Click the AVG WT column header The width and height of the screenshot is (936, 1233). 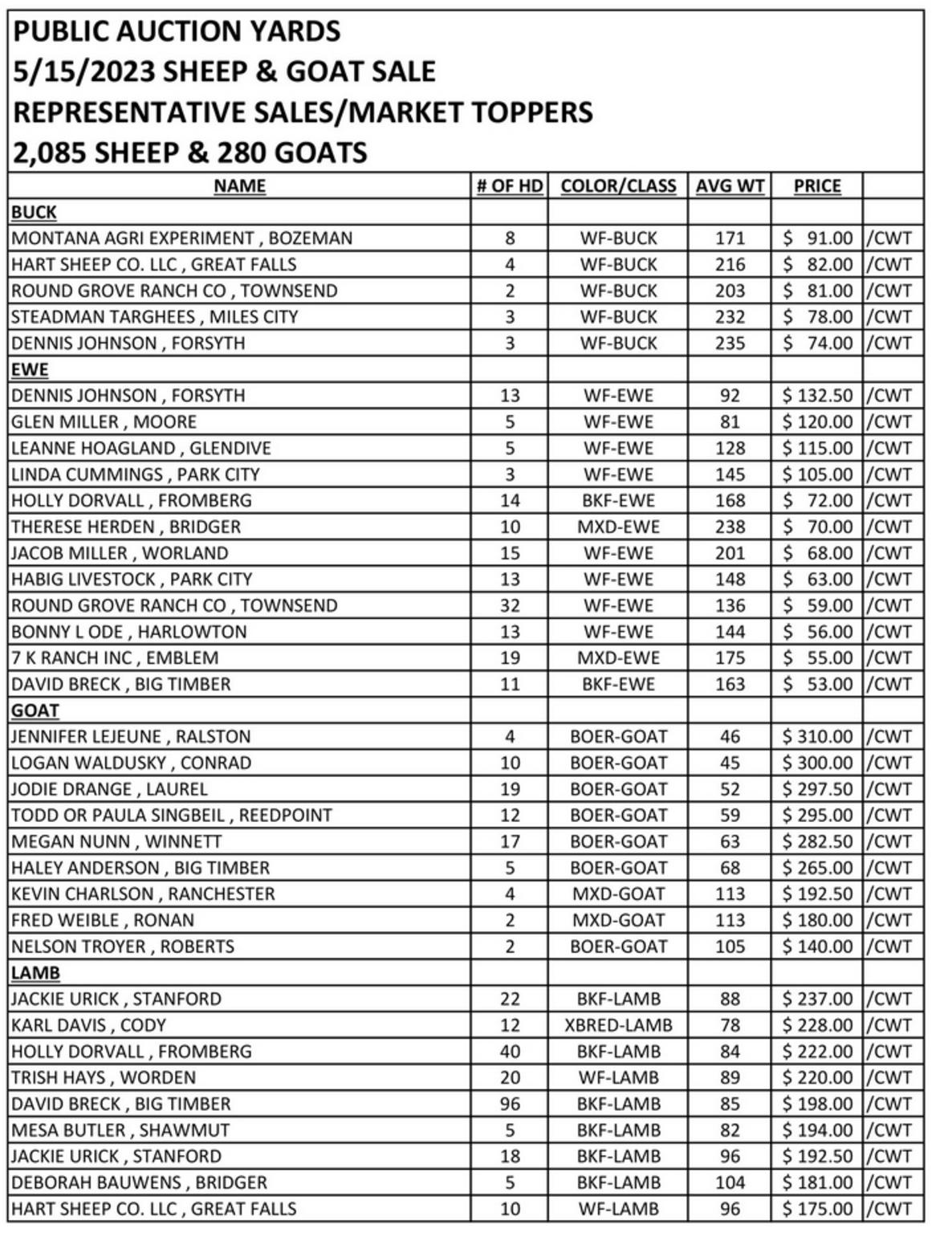tap(729, 186)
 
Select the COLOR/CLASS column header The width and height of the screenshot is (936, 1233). tap(618, 186)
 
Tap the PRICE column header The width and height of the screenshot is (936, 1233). tap(817, 186)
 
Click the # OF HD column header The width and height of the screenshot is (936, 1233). tap(510, 186)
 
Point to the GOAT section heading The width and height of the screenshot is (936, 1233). tap(35, 710)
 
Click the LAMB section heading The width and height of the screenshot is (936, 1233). tap(35, 973)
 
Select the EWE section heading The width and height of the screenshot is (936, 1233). tap(30, 370)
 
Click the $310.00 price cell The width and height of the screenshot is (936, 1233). tap(817, 737)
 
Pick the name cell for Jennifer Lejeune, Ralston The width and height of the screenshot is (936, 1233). tap(131, 737)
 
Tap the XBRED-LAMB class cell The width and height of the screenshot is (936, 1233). tap(618, 1026)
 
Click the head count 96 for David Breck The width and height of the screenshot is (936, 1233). tap(510, 1105)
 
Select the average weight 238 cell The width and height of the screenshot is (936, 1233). tap(730, 527)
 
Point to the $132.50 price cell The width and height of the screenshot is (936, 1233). tap(817, 396)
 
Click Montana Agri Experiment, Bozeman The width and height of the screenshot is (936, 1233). tap(181, 238)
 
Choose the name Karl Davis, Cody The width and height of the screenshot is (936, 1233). tap(88, 1026)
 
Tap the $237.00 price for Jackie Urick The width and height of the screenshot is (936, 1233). tap(817, 999)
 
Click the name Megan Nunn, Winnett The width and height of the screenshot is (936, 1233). tap(116, 842)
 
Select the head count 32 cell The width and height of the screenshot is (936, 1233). tap(510, 606)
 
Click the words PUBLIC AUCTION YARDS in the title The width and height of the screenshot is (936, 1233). tap(177, 31)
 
